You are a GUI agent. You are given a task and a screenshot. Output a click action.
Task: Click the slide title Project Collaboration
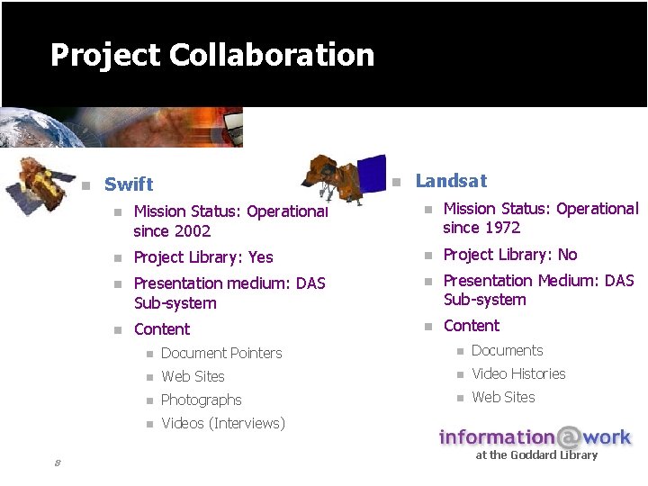pyautogui.click(x=212, y=55)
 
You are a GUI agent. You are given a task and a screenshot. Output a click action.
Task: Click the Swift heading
pyautogui.click(x=129, y=184)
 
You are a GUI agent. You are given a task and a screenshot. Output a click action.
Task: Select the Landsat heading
pyautogui.click(x=451, y=181)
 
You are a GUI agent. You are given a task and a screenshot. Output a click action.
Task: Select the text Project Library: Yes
pyautogui.click(x=203, y=257)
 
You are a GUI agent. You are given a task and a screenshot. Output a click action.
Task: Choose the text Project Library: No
pyautogui.click(x=510, y=255)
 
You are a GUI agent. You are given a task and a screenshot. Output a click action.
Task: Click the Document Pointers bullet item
pyautogui.click(x=221, y=353)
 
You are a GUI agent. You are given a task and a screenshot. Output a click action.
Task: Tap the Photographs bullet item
pyautogui.click(x=202, y=400)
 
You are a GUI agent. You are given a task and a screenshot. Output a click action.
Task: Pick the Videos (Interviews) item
pyautogui.click(x=223, y=423)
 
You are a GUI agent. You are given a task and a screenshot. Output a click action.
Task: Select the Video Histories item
pyautogui.click(x=518, y=373)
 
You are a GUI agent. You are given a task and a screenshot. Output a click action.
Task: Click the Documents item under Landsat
pyautogui.click(x=508, y=350)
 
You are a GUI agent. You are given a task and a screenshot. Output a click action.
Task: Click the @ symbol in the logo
pyautogui.click(x=569, y=437)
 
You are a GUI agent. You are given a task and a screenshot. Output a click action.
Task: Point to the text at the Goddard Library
pyautogui.click(x=536, y=455)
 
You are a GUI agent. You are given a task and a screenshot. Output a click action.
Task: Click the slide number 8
pyautogui.click(x=57, y=463)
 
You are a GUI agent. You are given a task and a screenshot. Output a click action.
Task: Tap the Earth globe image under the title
pyautogui.click(x=36, y=126)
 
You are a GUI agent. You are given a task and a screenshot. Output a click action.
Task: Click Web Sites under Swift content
pyautogui.click(x=193, y=376)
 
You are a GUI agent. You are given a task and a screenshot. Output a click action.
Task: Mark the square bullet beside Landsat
pyautogui.click(x=395, y=182)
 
